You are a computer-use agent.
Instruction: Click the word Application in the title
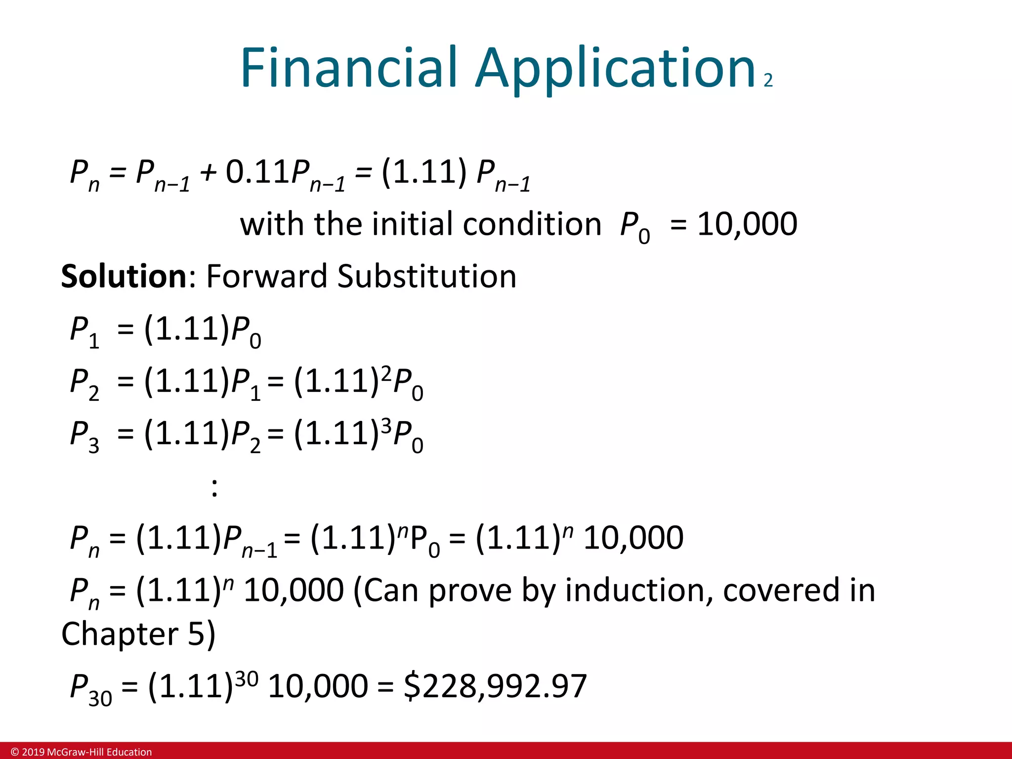(x=615, y=69)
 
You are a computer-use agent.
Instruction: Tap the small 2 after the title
(x=768, y=81)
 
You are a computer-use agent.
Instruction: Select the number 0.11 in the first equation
(x=257, y=172)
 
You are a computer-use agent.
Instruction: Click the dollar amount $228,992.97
(x=495, y=686)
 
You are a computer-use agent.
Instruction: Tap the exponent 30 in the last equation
(x=246, y=679)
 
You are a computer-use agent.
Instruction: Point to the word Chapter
(x=120, y=634)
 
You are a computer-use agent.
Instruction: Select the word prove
(x=469, y=591)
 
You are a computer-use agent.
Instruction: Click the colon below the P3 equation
(x=214, y=488)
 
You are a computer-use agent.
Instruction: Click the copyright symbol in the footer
(x=15, y=752)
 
